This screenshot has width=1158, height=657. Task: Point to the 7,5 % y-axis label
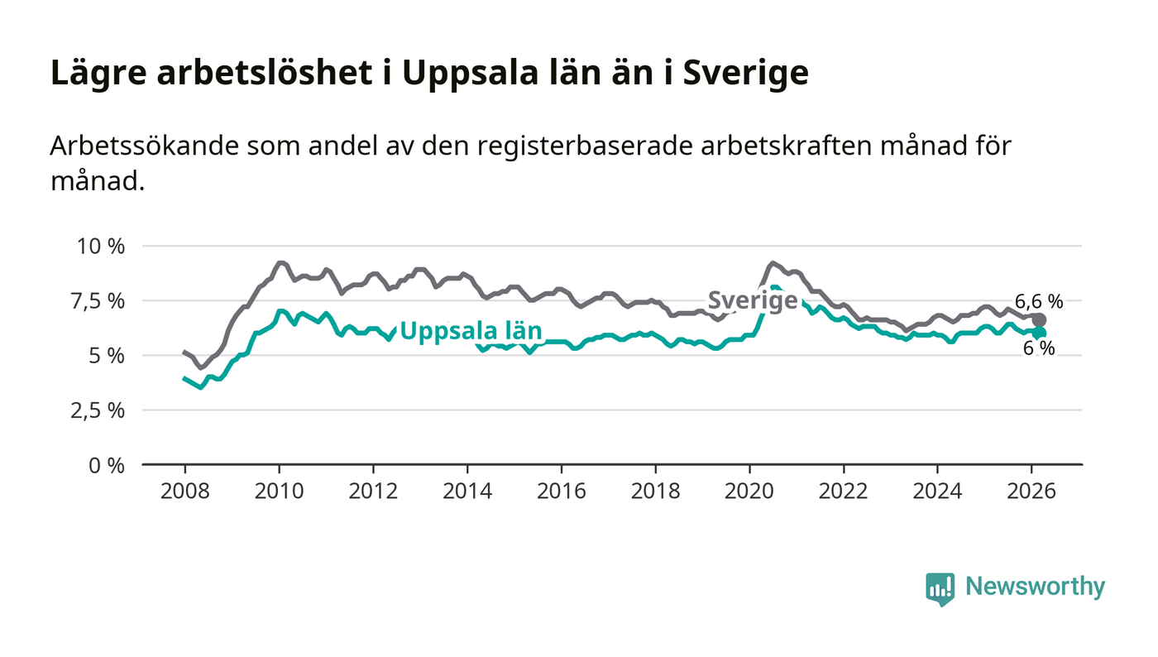click(100, 301)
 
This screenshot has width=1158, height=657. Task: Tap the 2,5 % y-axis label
click(100, 410)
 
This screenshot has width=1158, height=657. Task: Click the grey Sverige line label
click(753, 301)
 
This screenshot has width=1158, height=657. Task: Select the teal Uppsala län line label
click(471, 332)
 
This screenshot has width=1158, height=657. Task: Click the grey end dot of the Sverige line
click(1039, 319)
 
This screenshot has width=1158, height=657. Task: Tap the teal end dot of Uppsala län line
click(1039, 333)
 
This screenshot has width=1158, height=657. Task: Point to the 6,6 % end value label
click(1039, 302)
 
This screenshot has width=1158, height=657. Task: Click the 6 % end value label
click(1039, 349)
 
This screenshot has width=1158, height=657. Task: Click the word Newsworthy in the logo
click(1035, 587)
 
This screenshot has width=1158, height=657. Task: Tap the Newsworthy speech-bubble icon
click(940, 588)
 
